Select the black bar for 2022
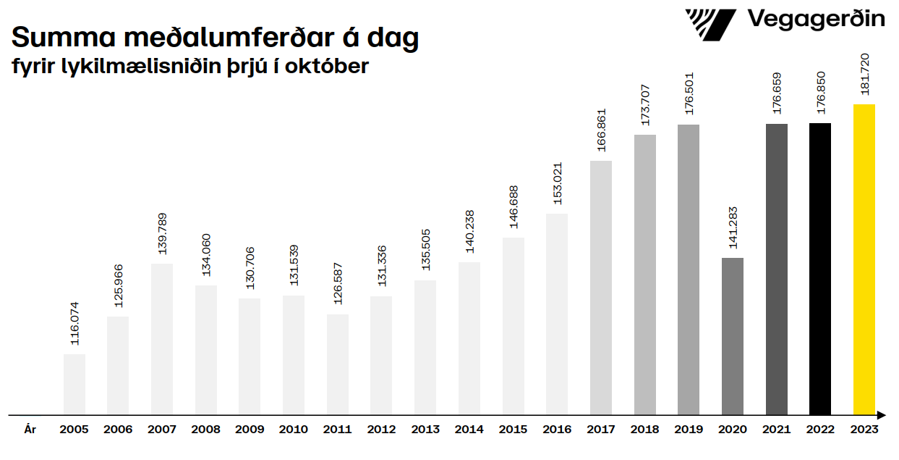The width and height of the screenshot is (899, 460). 820,269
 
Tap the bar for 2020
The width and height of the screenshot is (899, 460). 732,336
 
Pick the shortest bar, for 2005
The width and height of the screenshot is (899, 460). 74,384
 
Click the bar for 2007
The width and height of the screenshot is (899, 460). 162,339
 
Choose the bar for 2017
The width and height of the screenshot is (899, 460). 601,288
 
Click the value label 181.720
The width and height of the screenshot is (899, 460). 864,75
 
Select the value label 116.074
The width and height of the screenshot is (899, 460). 74,323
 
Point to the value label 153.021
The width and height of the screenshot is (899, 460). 558,183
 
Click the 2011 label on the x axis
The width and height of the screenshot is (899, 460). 337,430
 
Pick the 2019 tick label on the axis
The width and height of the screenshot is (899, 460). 689,430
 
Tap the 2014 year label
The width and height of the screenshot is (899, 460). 469,430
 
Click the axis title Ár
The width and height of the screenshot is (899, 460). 30,430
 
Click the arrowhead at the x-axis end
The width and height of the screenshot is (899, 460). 881,415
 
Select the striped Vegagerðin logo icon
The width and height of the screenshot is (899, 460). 710,25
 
